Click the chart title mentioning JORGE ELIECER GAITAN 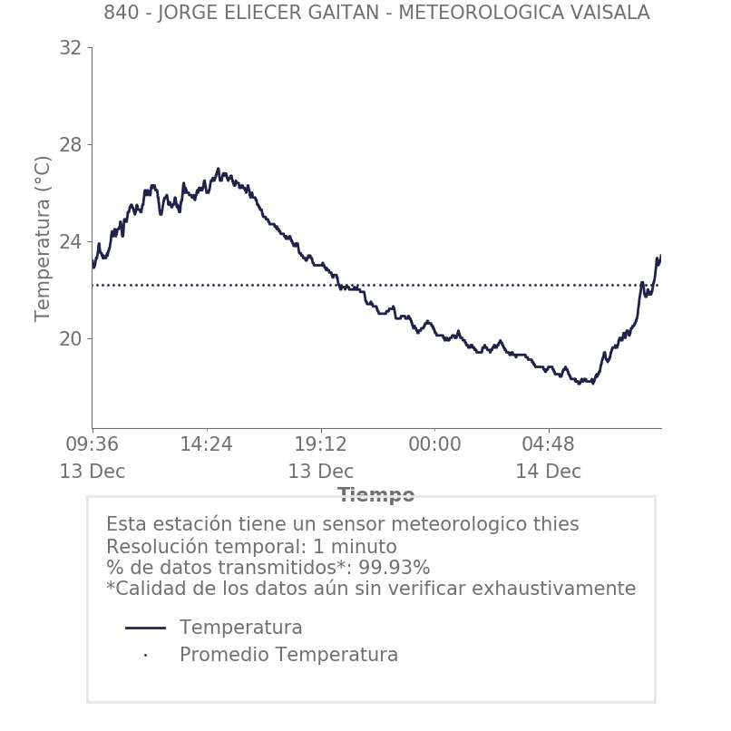376,13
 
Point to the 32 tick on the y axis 70,48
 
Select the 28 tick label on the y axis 70,145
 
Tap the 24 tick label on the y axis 70,242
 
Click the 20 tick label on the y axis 70,339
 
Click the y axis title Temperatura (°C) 43,238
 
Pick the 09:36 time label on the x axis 93,444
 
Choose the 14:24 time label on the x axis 207,444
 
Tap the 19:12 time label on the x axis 321,444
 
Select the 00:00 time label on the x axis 434,444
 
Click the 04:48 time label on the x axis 549,444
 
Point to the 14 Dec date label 549,472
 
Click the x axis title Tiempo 376,495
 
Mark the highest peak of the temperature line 219,169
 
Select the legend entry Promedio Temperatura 288,655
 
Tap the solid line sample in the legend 145,628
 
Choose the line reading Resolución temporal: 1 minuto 251,547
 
